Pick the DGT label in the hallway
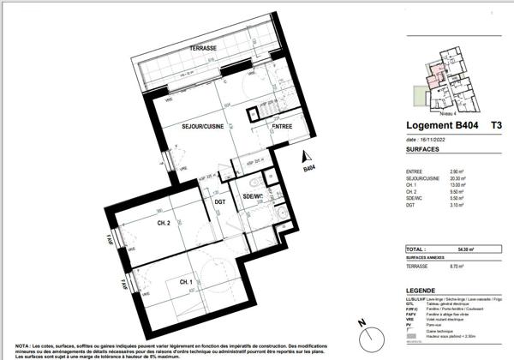pos(220,202)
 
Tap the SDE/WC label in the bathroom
pos(254,196)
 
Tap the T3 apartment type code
pos(496,125)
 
